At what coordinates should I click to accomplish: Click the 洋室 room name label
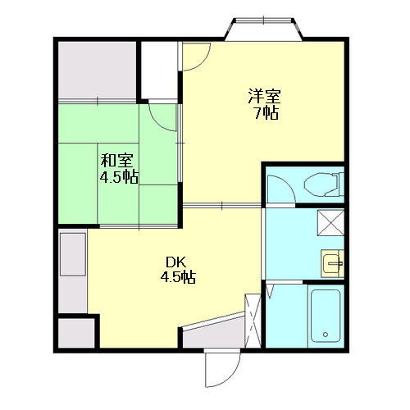pos(264,96)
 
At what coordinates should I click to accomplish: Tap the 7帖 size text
pos(266,112)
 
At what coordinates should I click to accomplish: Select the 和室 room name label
pos(117,161)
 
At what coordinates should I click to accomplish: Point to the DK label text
pos(176,262)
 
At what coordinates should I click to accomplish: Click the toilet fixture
pos(324,184)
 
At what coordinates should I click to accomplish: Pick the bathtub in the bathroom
pos(326,316)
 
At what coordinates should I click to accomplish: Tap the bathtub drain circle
pos(326,335)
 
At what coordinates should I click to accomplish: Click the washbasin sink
pos(332,264)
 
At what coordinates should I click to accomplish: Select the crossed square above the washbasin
pos(330,222)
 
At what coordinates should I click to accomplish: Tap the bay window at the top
pos(263,29)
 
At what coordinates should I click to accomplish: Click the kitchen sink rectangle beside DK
pos(73,254)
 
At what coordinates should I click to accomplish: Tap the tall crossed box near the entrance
pos(253,321)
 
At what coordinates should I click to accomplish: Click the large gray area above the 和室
pos(98,71)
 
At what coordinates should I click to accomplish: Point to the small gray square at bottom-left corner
pos(76,333)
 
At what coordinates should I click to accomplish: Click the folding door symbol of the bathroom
pos(270,291)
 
